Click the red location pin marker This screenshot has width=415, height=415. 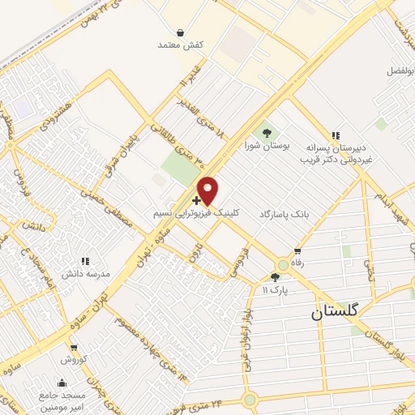(x=208, y=190)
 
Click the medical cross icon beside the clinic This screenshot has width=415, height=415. (x=197, y=199)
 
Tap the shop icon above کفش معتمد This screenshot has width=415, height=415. (x=179, y=32)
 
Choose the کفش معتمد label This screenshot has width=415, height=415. (x=179, y=45)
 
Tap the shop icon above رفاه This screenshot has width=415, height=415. (x=298, y=250)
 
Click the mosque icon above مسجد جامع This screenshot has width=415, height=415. (x=62, y=383)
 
